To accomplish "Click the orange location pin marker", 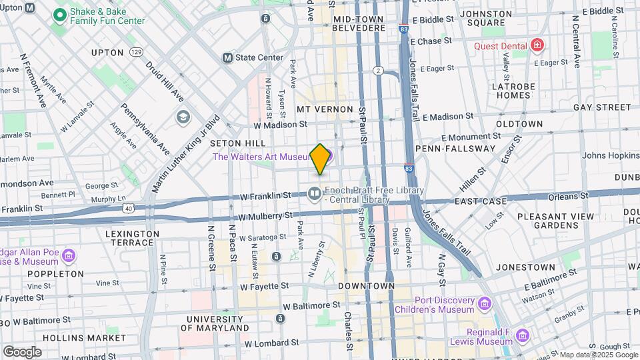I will (320, 159).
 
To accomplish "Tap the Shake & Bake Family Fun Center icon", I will (59, 14).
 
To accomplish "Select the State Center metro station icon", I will (227, 57).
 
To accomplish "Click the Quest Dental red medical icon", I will (537, 45).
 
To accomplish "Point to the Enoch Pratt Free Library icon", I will (314, 193).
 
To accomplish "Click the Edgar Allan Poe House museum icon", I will (69, 256).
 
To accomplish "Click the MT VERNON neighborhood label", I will (325, 109).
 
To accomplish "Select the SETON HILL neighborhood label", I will (238, 143).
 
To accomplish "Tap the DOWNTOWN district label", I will (367, 285).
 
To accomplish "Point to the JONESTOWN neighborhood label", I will (524, 267).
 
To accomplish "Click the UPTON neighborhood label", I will (107, 53).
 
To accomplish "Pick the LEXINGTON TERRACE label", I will (132, 238).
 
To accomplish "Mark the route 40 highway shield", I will (128, 209).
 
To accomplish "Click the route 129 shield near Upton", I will (137, 52).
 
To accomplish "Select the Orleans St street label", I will (567, 196).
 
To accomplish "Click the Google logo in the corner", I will (21, 351).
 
